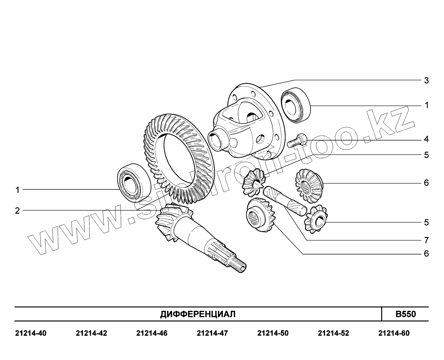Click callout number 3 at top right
tap(426, 80)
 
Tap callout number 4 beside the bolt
tap(426, 139)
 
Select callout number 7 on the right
tap(427, 241)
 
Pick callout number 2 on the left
tap(17, 211)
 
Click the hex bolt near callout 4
tap(297, 141)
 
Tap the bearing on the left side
tap(134, 183)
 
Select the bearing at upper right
tap(296, 105)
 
